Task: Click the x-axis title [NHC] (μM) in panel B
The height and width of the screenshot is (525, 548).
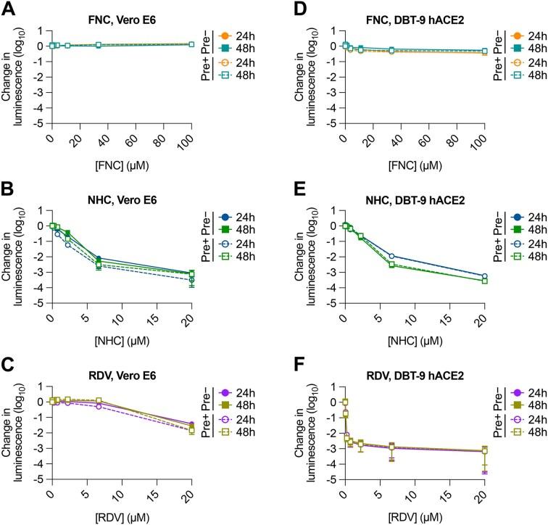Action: pos(120,335)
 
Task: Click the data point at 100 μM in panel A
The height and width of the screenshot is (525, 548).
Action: pos(191,44)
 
